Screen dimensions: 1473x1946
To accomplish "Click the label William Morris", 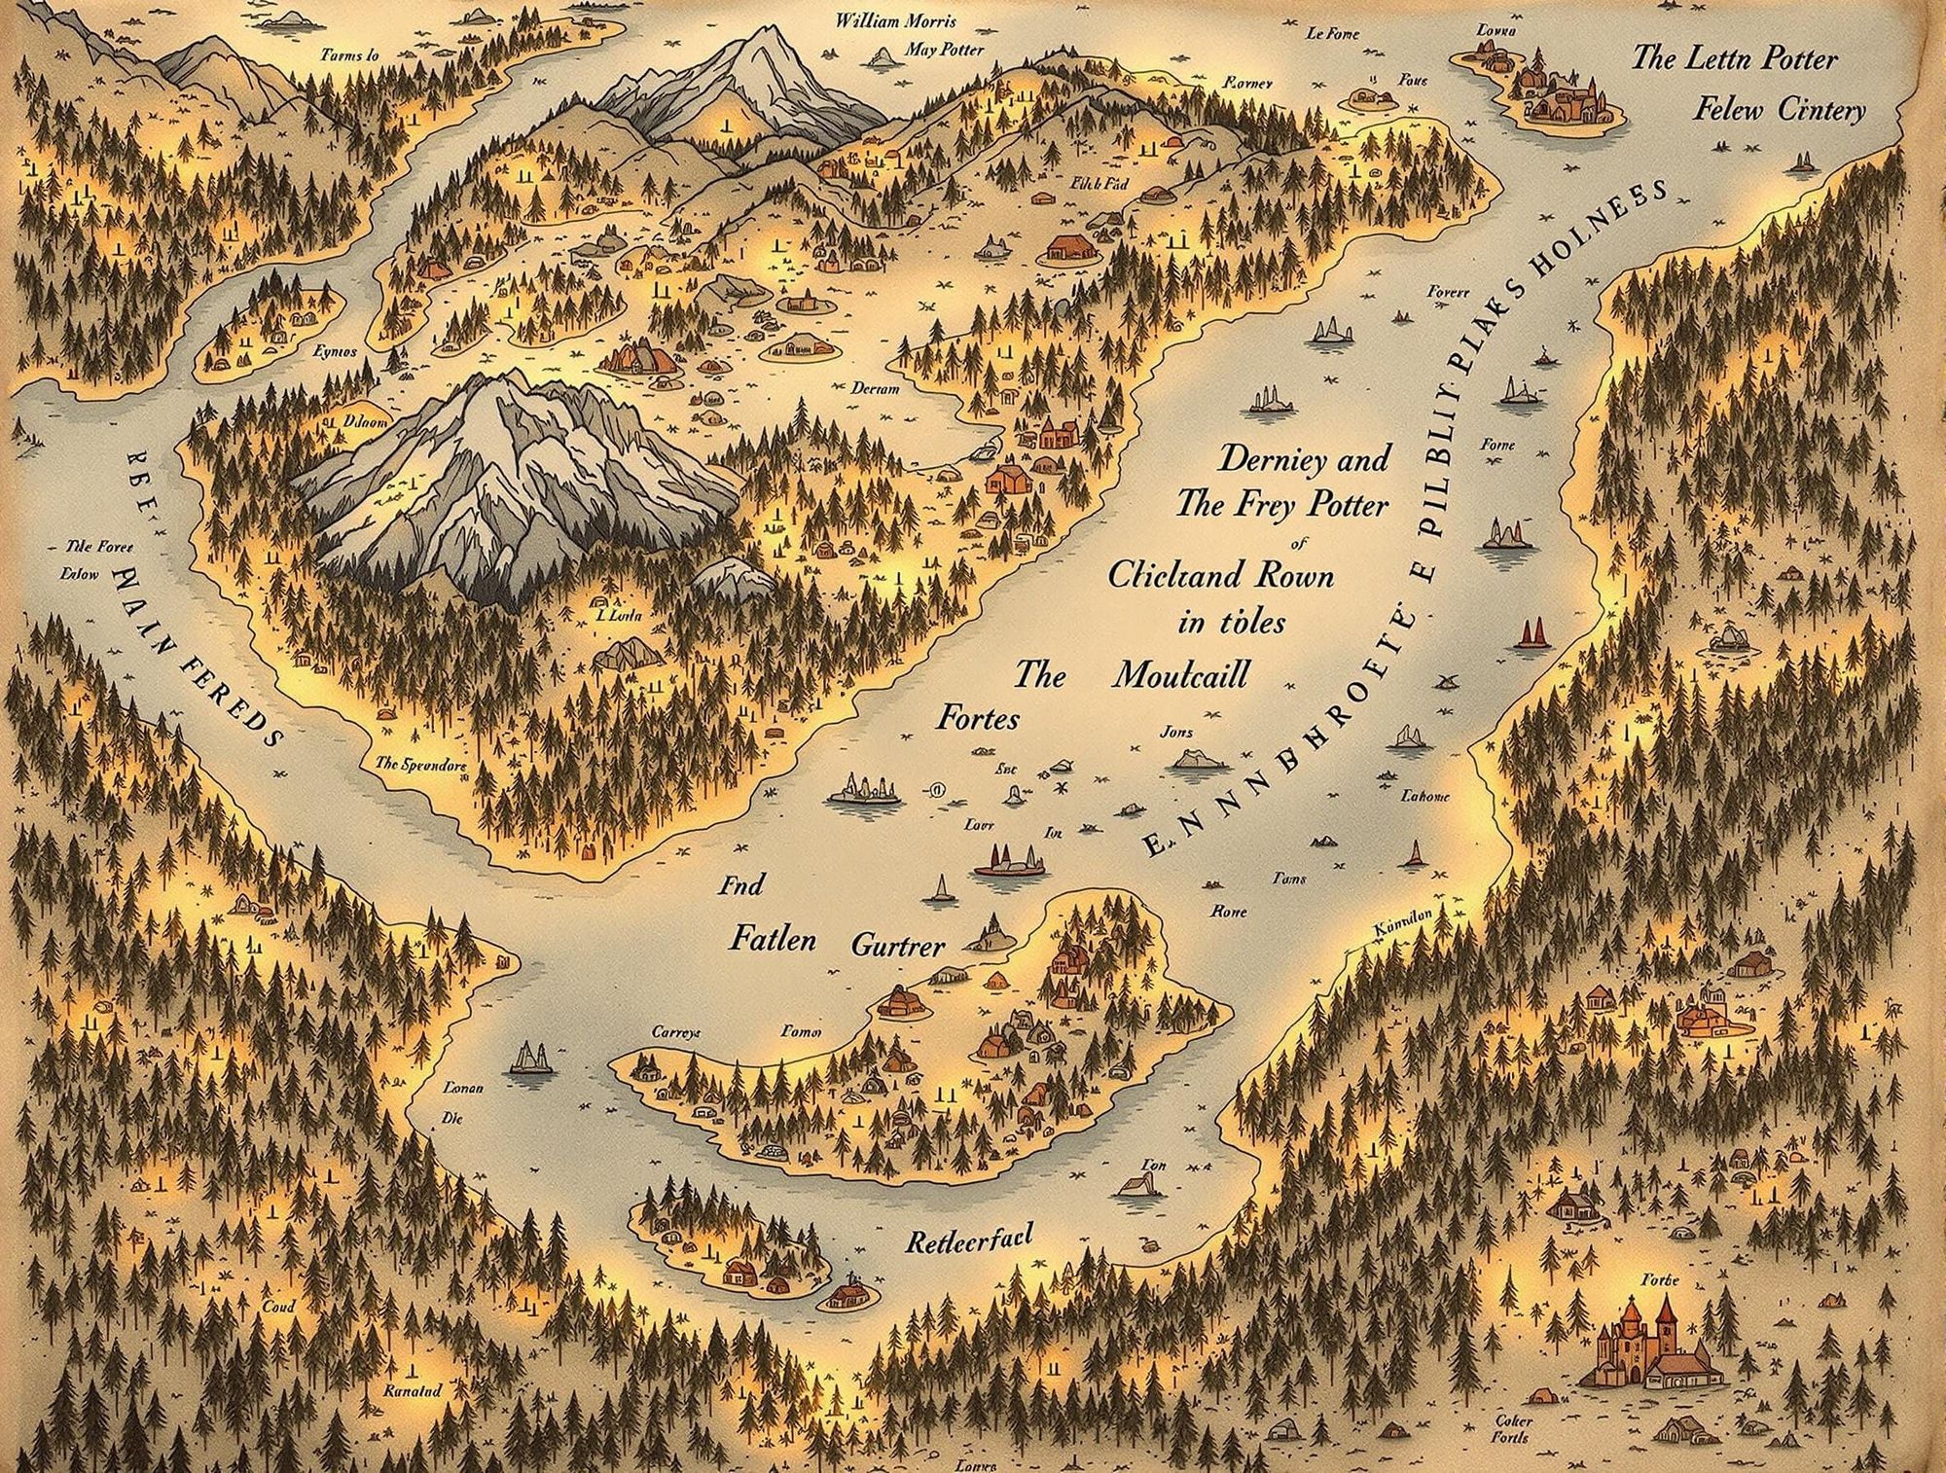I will [895, 21].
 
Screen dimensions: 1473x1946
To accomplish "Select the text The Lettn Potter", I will [1734, 58].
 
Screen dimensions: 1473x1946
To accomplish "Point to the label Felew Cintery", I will [1780, 110].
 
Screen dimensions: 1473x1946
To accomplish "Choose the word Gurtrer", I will [897, 944].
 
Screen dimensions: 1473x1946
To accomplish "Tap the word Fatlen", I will [772, 940].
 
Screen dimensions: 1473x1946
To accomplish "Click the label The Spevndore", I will [420, 765].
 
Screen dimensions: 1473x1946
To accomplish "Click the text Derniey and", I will [1304, 458].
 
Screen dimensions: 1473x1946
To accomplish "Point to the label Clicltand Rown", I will [1221, 575].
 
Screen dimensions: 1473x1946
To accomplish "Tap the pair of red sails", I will [1531, 632].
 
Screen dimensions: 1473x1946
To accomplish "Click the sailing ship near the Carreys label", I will [531, 1059].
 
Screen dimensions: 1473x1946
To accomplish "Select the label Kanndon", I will [1401, 925].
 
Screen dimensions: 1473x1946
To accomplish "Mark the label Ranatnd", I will [413, 1390].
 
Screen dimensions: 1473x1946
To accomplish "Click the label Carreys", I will [675, 1032].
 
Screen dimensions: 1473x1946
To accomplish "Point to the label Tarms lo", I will [349, 56].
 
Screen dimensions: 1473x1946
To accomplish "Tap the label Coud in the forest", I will [278, 1307].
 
